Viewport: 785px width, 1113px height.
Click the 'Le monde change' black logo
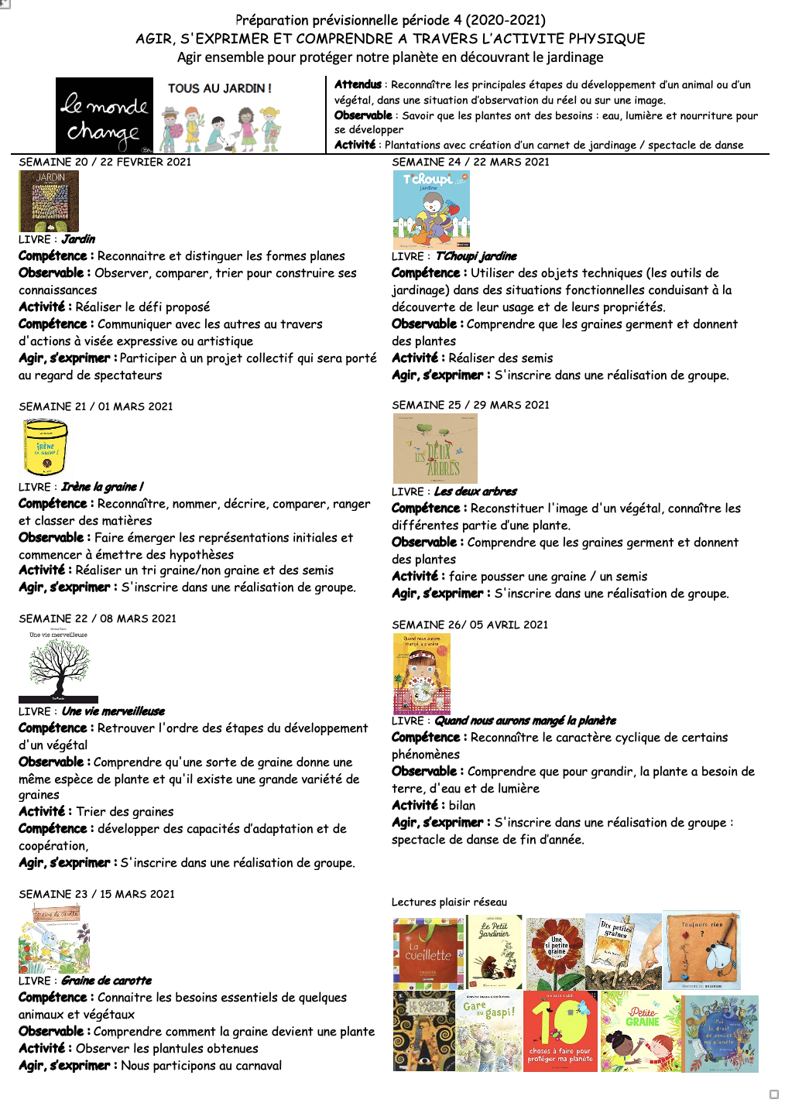pos(105,116)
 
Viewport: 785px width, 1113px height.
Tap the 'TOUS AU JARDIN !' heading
pos(220,88)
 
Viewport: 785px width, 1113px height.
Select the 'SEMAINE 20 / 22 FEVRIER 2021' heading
pos(105,162)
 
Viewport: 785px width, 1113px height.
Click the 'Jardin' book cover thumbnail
pos(49,201)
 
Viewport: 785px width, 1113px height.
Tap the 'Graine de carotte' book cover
pos(54,940)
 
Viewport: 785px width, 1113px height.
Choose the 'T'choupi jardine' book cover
pos(431,210)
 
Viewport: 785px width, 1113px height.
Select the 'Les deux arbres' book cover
pos(435,449)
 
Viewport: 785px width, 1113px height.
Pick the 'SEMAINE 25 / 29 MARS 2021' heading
pos(471,405)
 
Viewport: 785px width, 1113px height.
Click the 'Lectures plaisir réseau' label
pos(449,902)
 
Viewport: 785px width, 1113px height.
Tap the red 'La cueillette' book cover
pos(428,953)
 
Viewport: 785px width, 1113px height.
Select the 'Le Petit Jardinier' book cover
pos(495,952)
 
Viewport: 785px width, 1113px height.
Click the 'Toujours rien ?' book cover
pos(702,951)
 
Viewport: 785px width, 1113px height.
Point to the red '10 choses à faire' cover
pos(560,1032)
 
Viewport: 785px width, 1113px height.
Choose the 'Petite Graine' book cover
pos(641,1032)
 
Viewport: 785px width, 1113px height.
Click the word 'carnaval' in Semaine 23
pos(256,1066)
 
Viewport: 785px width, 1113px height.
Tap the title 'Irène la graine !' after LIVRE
pos(102,487)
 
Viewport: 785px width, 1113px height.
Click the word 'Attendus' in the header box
pos(358,84)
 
